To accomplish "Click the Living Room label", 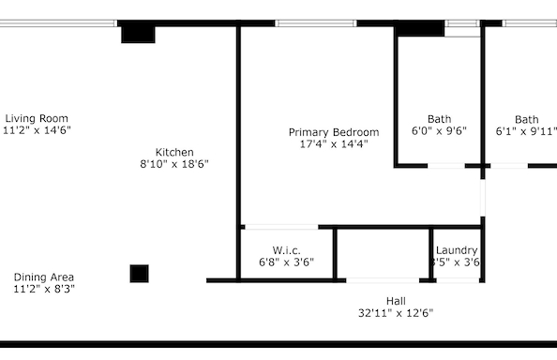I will (37, 118).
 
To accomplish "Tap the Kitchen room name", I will (174, 152).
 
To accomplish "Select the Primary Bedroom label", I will (334, 132).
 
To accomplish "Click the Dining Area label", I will (44, 277).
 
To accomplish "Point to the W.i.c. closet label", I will (286, 250).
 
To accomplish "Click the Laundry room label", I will (457, 250).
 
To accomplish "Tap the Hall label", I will (396, 300).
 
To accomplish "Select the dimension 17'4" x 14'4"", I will (334, 144).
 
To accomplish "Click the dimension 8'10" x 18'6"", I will (174, 164).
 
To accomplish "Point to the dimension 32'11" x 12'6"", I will (396, 312).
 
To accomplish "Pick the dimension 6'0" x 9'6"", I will (439, 131).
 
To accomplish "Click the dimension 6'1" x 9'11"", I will (526, 131).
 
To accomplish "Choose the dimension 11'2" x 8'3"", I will (44, 289).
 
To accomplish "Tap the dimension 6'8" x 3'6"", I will (286, 262).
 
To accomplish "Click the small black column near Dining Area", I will (139, 274).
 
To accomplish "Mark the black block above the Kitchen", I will (138, 33).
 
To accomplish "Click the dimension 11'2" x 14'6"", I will (37, 130).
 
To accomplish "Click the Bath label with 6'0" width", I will (439, 119).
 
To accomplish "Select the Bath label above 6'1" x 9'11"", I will (526, 119).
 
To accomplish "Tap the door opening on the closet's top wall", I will (280, 226).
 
